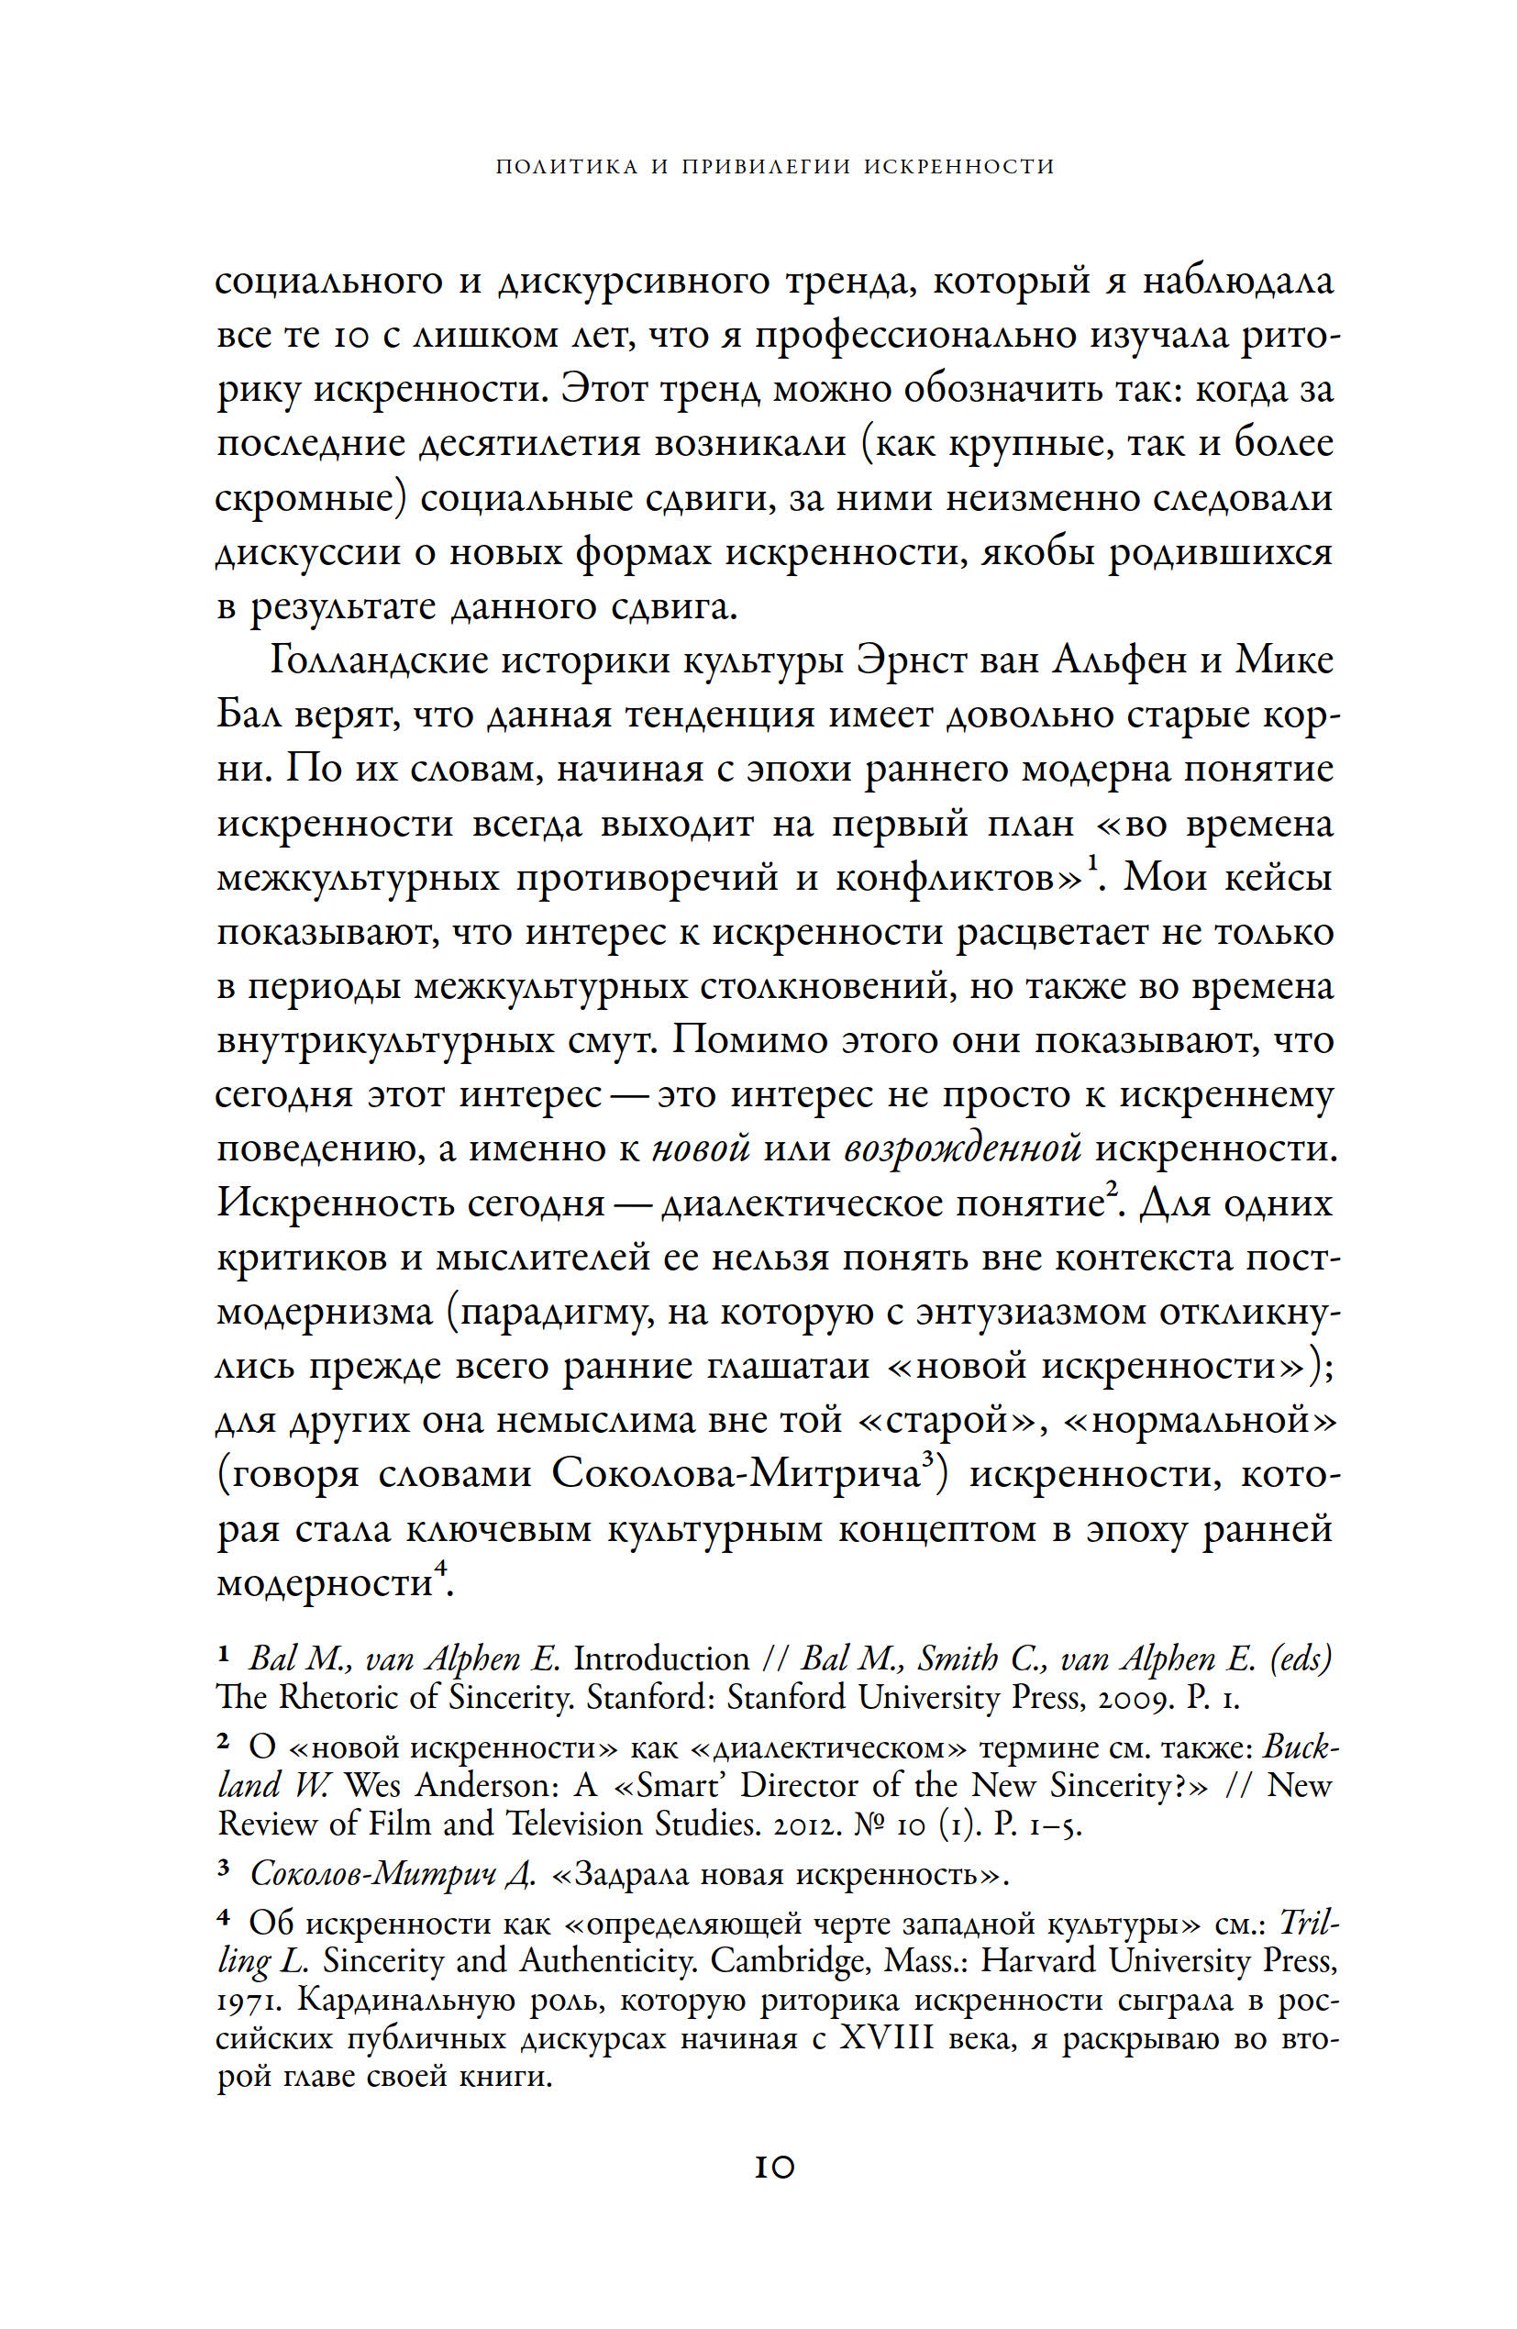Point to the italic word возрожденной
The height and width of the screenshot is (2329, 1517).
963,1148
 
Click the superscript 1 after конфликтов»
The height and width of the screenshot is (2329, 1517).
1092,861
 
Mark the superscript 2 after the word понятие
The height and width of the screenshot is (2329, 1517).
1113,1189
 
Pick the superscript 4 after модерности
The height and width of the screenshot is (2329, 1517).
439,1569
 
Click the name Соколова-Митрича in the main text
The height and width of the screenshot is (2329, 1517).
734,1475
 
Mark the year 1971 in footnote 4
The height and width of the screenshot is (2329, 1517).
251,2002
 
